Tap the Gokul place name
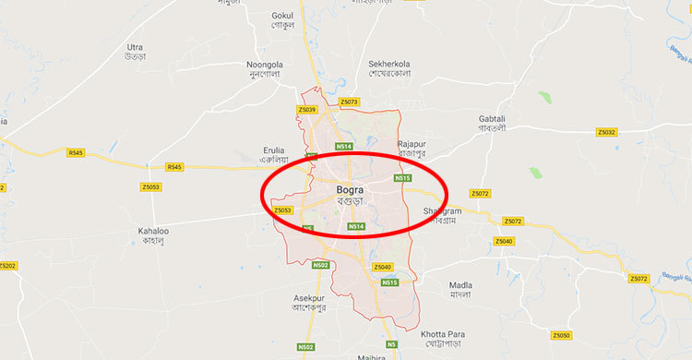coord(282,16)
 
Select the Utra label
coord(136,46)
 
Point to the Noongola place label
coord(263,64)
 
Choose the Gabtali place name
coord(493,119)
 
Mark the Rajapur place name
coord(414,144)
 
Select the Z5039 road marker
coord(307,110)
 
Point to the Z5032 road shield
coord(606,133)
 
